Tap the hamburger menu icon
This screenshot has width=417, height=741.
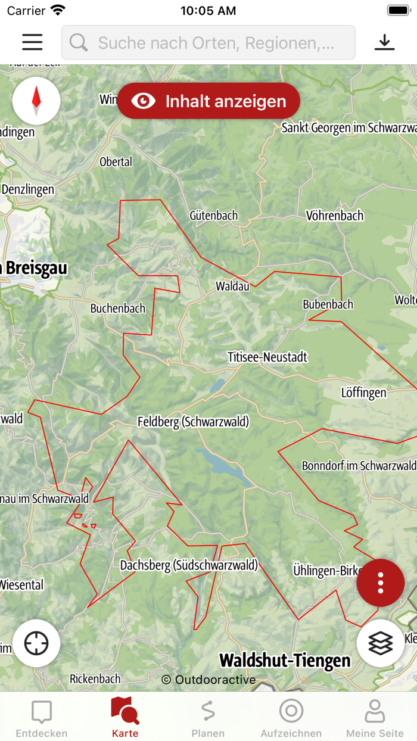[32, 42]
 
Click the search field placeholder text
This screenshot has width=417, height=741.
[216, 43]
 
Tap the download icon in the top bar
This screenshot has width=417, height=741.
[385, 42]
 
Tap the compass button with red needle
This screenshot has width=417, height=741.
[36, 101]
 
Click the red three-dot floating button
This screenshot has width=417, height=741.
[381, 583]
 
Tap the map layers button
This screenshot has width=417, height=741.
[381, 643]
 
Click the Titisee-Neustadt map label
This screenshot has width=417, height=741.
[267, 357]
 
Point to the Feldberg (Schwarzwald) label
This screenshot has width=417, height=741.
[193, 422]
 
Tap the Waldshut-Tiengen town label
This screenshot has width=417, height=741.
[285, 660]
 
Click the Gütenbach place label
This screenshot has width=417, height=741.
[213, 216]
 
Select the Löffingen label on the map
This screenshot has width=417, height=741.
[363, 393]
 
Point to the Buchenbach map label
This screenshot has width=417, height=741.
[117, 309]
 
